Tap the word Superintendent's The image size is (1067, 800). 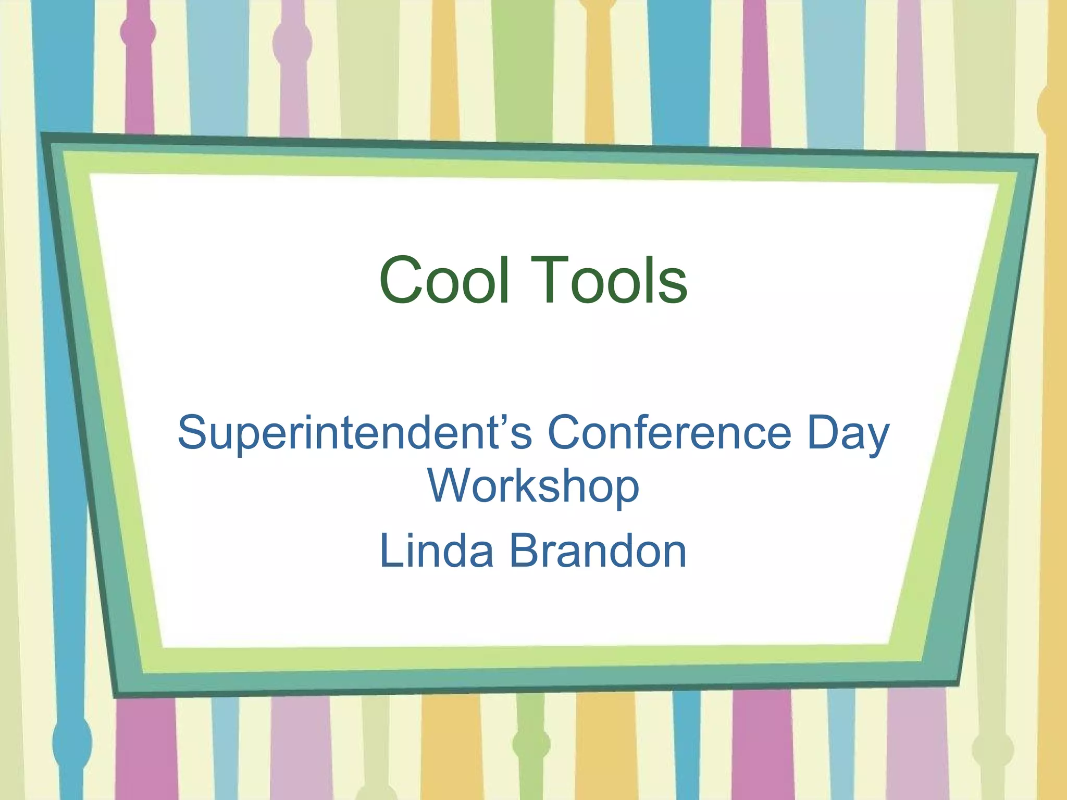[355, 432]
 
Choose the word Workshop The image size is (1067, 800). [533, 486]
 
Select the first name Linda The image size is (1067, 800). [437, 551]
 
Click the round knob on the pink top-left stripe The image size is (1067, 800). [138, 32]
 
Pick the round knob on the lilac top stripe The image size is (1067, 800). [292, 43]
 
